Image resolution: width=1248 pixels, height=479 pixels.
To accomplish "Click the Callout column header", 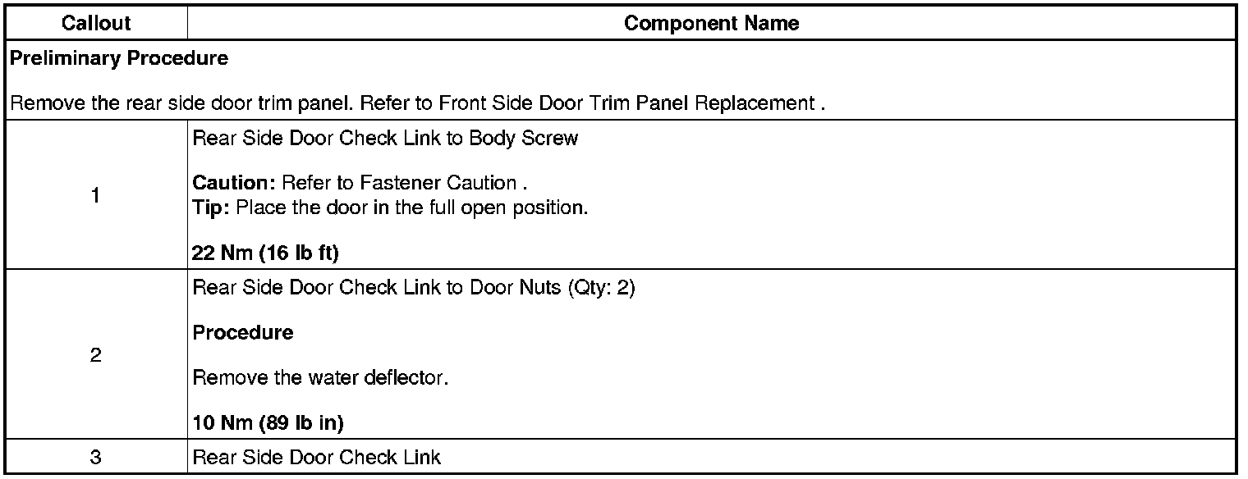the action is point(96,24).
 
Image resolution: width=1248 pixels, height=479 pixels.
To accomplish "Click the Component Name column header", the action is point(711,24).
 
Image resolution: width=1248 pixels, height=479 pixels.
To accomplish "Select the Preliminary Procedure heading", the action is point(119,59).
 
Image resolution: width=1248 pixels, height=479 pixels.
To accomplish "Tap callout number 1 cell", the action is point(96,195).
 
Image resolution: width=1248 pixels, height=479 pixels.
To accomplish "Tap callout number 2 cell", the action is point(96,357).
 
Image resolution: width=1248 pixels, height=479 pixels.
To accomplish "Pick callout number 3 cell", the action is point(96,458).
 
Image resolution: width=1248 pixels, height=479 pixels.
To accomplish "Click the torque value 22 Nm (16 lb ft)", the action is point(265,253).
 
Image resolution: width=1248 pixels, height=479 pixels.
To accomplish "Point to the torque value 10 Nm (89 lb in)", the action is point(268,423).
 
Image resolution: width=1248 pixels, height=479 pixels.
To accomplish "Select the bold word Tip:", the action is point(211,207).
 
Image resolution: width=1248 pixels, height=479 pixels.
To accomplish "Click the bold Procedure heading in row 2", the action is point(242,333).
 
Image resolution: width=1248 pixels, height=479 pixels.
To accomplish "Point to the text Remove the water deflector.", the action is point(320,379).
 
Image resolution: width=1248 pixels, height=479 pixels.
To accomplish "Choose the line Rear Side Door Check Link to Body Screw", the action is point(385,138).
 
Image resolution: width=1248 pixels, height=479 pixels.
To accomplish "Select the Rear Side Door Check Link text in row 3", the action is point(316,458).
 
